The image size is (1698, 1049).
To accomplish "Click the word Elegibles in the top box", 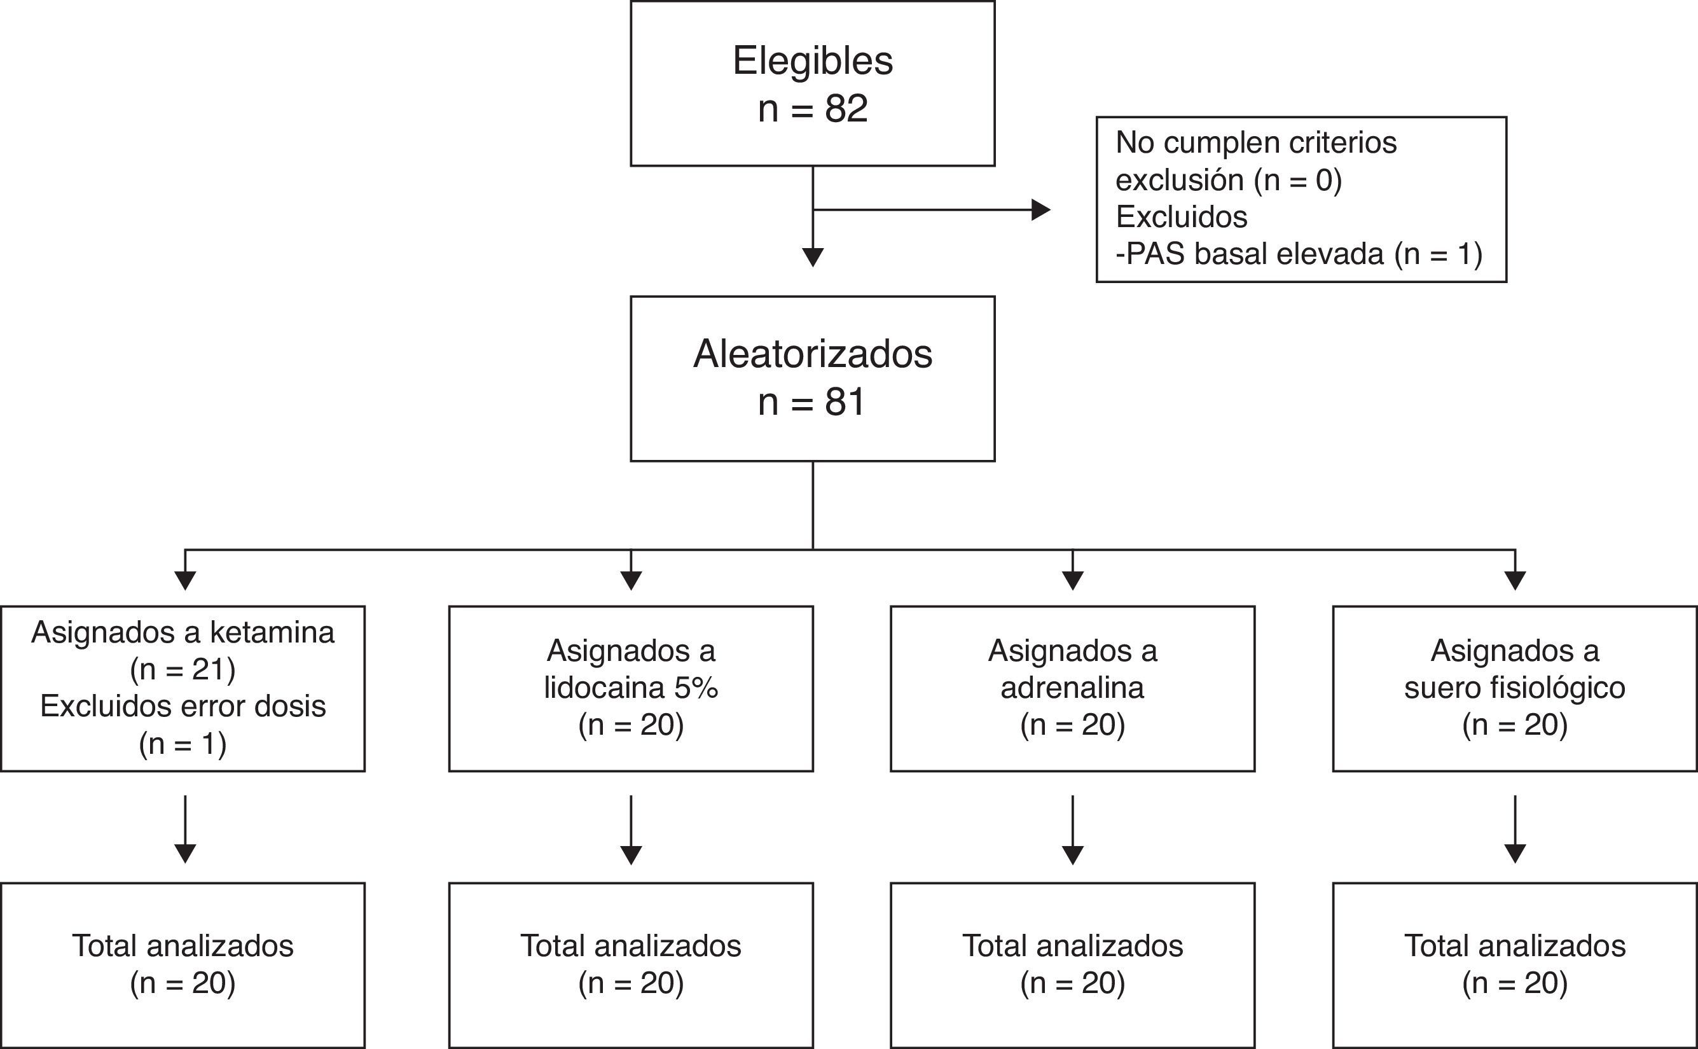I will (812, 61).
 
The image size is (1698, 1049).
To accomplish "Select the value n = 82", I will (812, 109).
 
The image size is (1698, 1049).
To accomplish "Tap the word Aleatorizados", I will (812, 354).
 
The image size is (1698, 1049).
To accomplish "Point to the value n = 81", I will (812, 403).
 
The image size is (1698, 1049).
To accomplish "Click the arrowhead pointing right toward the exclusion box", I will (1040, 209).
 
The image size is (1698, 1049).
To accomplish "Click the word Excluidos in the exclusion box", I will (1181, 217).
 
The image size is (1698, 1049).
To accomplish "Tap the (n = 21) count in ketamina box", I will (183, 669).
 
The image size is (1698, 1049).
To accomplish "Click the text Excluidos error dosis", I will (183, 706).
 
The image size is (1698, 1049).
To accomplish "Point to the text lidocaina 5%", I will (630, 688).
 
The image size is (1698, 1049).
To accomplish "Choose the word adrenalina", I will (1072, 688).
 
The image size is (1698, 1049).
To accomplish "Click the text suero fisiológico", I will (1514, 688).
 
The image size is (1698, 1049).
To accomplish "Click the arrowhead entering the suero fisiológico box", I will (1515, 580).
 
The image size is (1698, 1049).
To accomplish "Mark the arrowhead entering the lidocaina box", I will (630, 580).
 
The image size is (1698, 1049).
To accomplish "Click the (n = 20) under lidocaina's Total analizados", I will (630, 983).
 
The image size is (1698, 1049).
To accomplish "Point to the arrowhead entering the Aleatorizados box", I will (812, 257).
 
